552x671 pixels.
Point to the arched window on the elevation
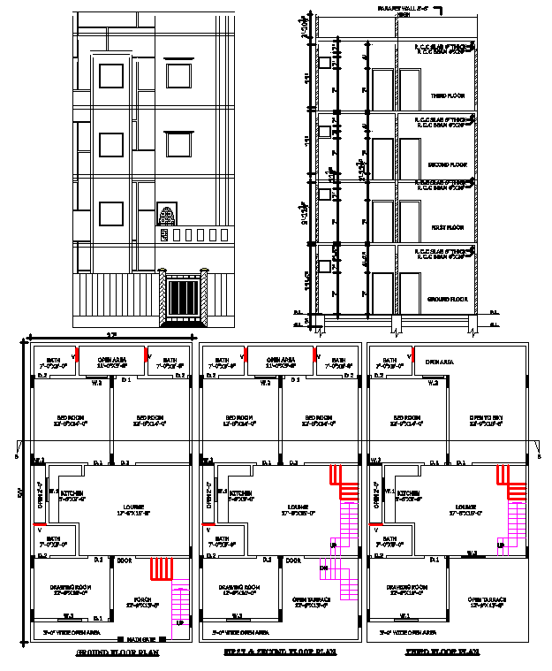click(x=167, y=215)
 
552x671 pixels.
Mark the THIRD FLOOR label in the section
click(x=448, y=95)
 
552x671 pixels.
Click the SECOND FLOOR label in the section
click(x=447, y=164)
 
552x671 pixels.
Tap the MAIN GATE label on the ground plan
click(x=140, y=638)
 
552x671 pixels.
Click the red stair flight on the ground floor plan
click(x=161, y=568)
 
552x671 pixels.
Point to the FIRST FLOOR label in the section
click(x=448, y=227)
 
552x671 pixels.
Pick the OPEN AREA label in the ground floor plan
click(x=110, y=361)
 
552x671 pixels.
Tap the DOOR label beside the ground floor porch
click(x=124, y=560)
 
